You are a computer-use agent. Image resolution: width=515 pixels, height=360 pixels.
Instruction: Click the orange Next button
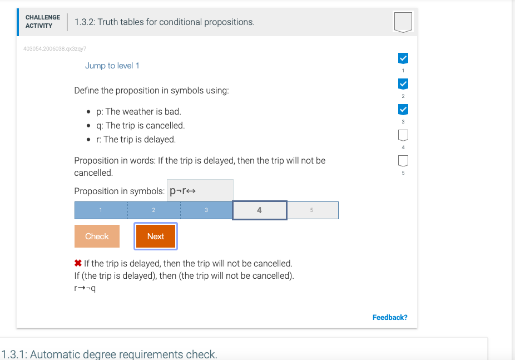[156, 236]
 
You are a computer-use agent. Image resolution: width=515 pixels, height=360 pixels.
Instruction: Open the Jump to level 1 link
[112, 66]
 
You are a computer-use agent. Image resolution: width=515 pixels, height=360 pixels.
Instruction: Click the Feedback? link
[389, 317]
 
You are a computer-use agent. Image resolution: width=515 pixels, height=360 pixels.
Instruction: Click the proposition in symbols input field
[200, 191]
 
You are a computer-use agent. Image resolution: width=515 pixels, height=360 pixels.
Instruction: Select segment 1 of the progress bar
[101, 210]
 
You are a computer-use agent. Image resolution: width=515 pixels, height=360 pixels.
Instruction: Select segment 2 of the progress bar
[153, 210]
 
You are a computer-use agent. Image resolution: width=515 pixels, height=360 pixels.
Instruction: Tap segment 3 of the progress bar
[206, 210]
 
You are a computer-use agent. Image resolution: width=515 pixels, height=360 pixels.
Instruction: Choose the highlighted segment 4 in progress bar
[259, 210]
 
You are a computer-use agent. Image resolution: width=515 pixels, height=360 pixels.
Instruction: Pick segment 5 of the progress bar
[312, 210]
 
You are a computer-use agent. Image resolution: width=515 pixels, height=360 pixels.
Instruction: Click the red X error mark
[78, 264]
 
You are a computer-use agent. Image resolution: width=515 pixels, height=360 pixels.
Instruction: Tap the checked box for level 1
[403, 58]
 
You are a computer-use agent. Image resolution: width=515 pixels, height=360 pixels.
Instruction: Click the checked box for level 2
[403, 84]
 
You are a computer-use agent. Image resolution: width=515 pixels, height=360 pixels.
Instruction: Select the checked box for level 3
[403, 109]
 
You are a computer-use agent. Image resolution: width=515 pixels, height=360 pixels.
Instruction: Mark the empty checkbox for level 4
[403, 135]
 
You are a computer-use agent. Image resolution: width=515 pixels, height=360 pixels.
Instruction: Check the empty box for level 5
[403, 161]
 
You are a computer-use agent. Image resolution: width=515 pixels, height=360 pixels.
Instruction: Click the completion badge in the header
[403, 22]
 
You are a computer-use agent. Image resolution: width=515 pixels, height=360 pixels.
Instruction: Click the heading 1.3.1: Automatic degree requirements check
[110, 354]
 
